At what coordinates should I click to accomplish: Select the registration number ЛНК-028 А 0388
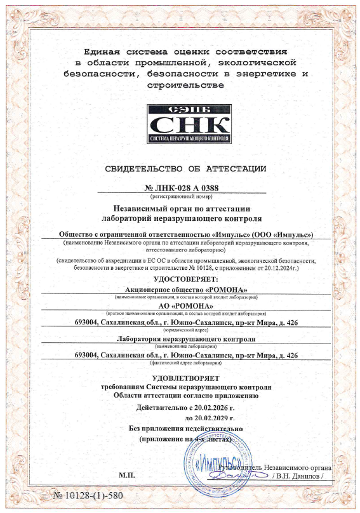click(x=187, y=187)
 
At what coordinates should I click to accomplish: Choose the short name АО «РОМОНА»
click(x=182, y=307)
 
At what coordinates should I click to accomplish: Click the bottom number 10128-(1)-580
click(x=88, y=495)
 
